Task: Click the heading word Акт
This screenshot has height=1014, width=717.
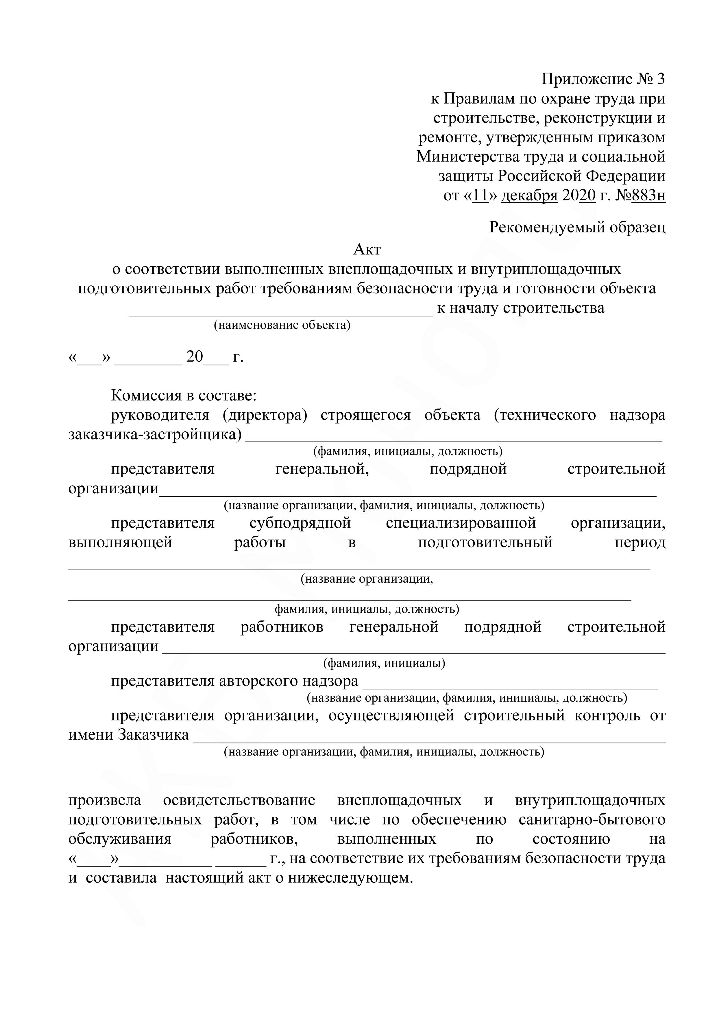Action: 367,250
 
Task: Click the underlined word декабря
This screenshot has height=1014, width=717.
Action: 529,195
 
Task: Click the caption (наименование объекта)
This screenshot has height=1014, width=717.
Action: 282,326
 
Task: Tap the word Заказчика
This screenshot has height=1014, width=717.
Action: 153,735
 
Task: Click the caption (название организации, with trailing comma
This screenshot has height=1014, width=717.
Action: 367,579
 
